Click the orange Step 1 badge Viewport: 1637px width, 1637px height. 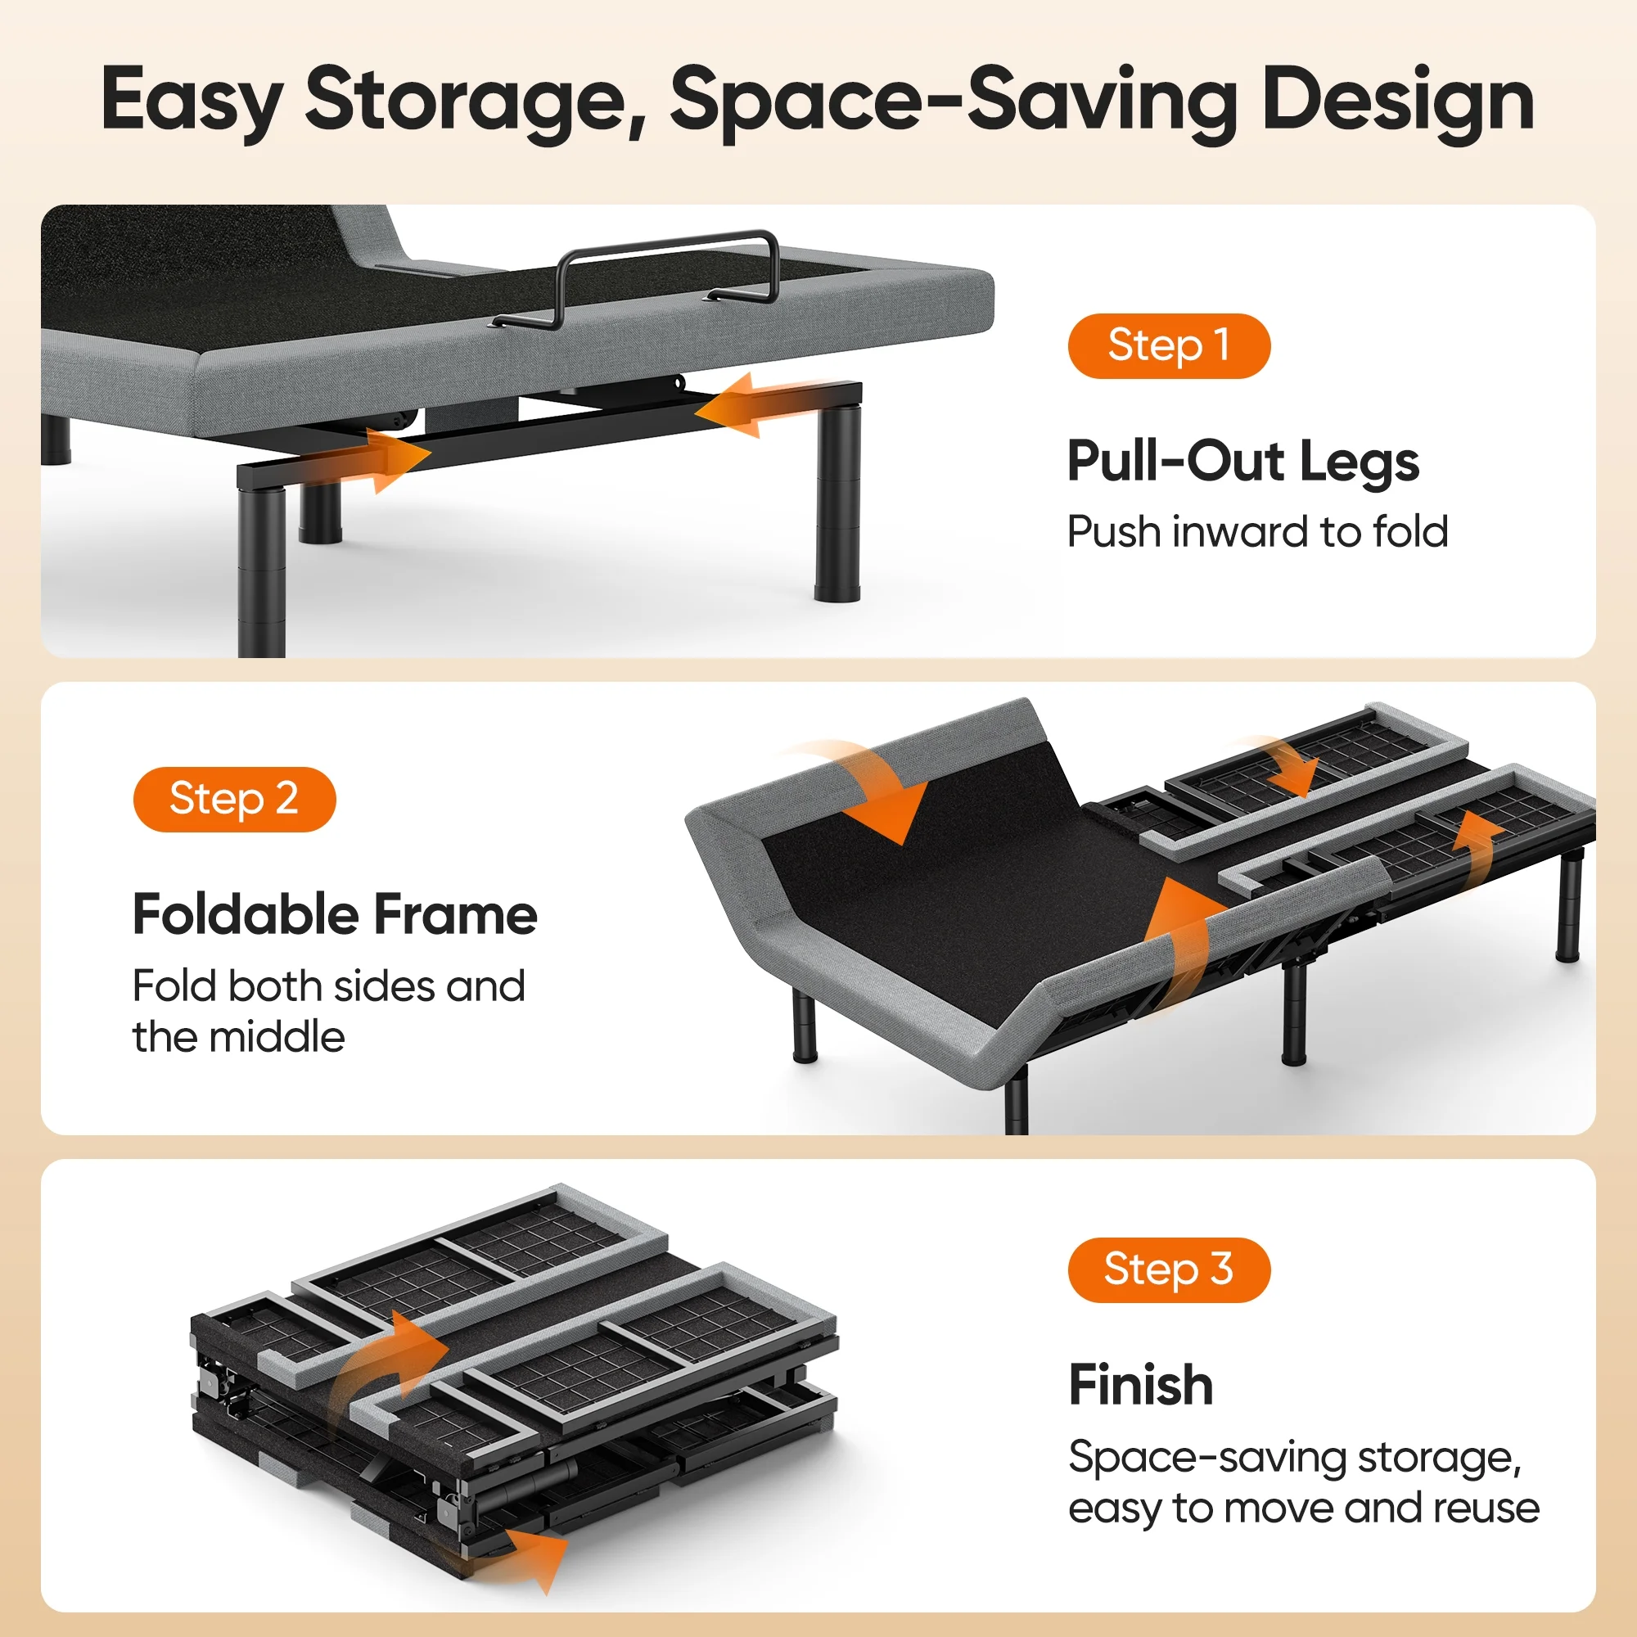pos(1169,345)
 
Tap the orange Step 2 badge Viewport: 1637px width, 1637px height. pos(234,799)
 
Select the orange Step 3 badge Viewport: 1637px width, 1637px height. pos(1169,1269)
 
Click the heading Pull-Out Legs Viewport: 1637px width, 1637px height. pos(1242,462)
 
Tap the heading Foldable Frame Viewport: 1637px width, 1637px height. pos(335,915)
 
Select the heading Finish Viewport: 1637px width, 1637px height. pos(1140,1386)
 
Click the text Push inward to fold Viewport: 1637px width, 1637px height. pos(1257,532)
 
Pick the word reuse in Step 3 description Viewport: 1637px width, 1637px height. pos(1486,1508)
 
